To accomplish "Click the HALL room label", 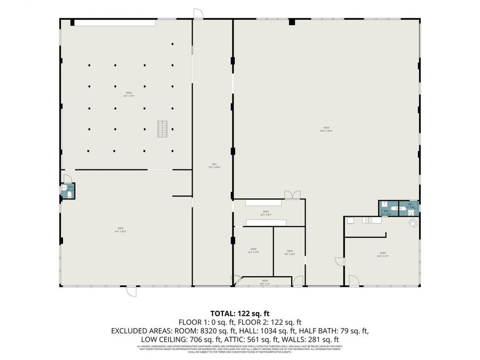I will pyautogui.click(x=214, y=165).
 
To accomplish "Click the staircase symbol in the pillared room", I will pyautogui.click(x=162, y=130).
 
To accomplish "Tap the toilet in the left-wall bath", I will pyautogui.click(x=71, y=195).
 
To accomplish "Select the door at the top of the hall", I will pyautogui.click(x=198, y=14).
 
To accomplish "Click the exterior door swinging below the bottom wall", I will pyautogui.click(x=131, y=291).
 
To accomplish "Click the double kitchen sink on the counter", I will pyautogui.click(x=368, y=220).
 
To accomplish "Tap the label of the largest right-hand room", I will pyautogui.click(x=326, y=129).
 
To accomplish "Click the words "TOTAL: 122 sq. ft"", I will pyautogui.click(x=240, y=313).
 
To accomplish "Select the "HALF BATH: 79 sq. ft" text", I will pyautogui.click(x=336, y=331).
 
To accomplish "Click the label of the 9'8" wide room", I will pyautogui.click(x=289, y=252).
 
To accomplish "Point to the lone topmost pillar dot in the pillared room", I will pyautogui.click(x=172, y=44).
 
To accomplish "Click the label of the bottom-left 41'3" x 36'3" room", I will pyautogui.click(x=120, y=230).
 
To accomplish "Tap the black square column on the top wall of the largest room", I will pyautogui.click(x=292, y=22).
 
